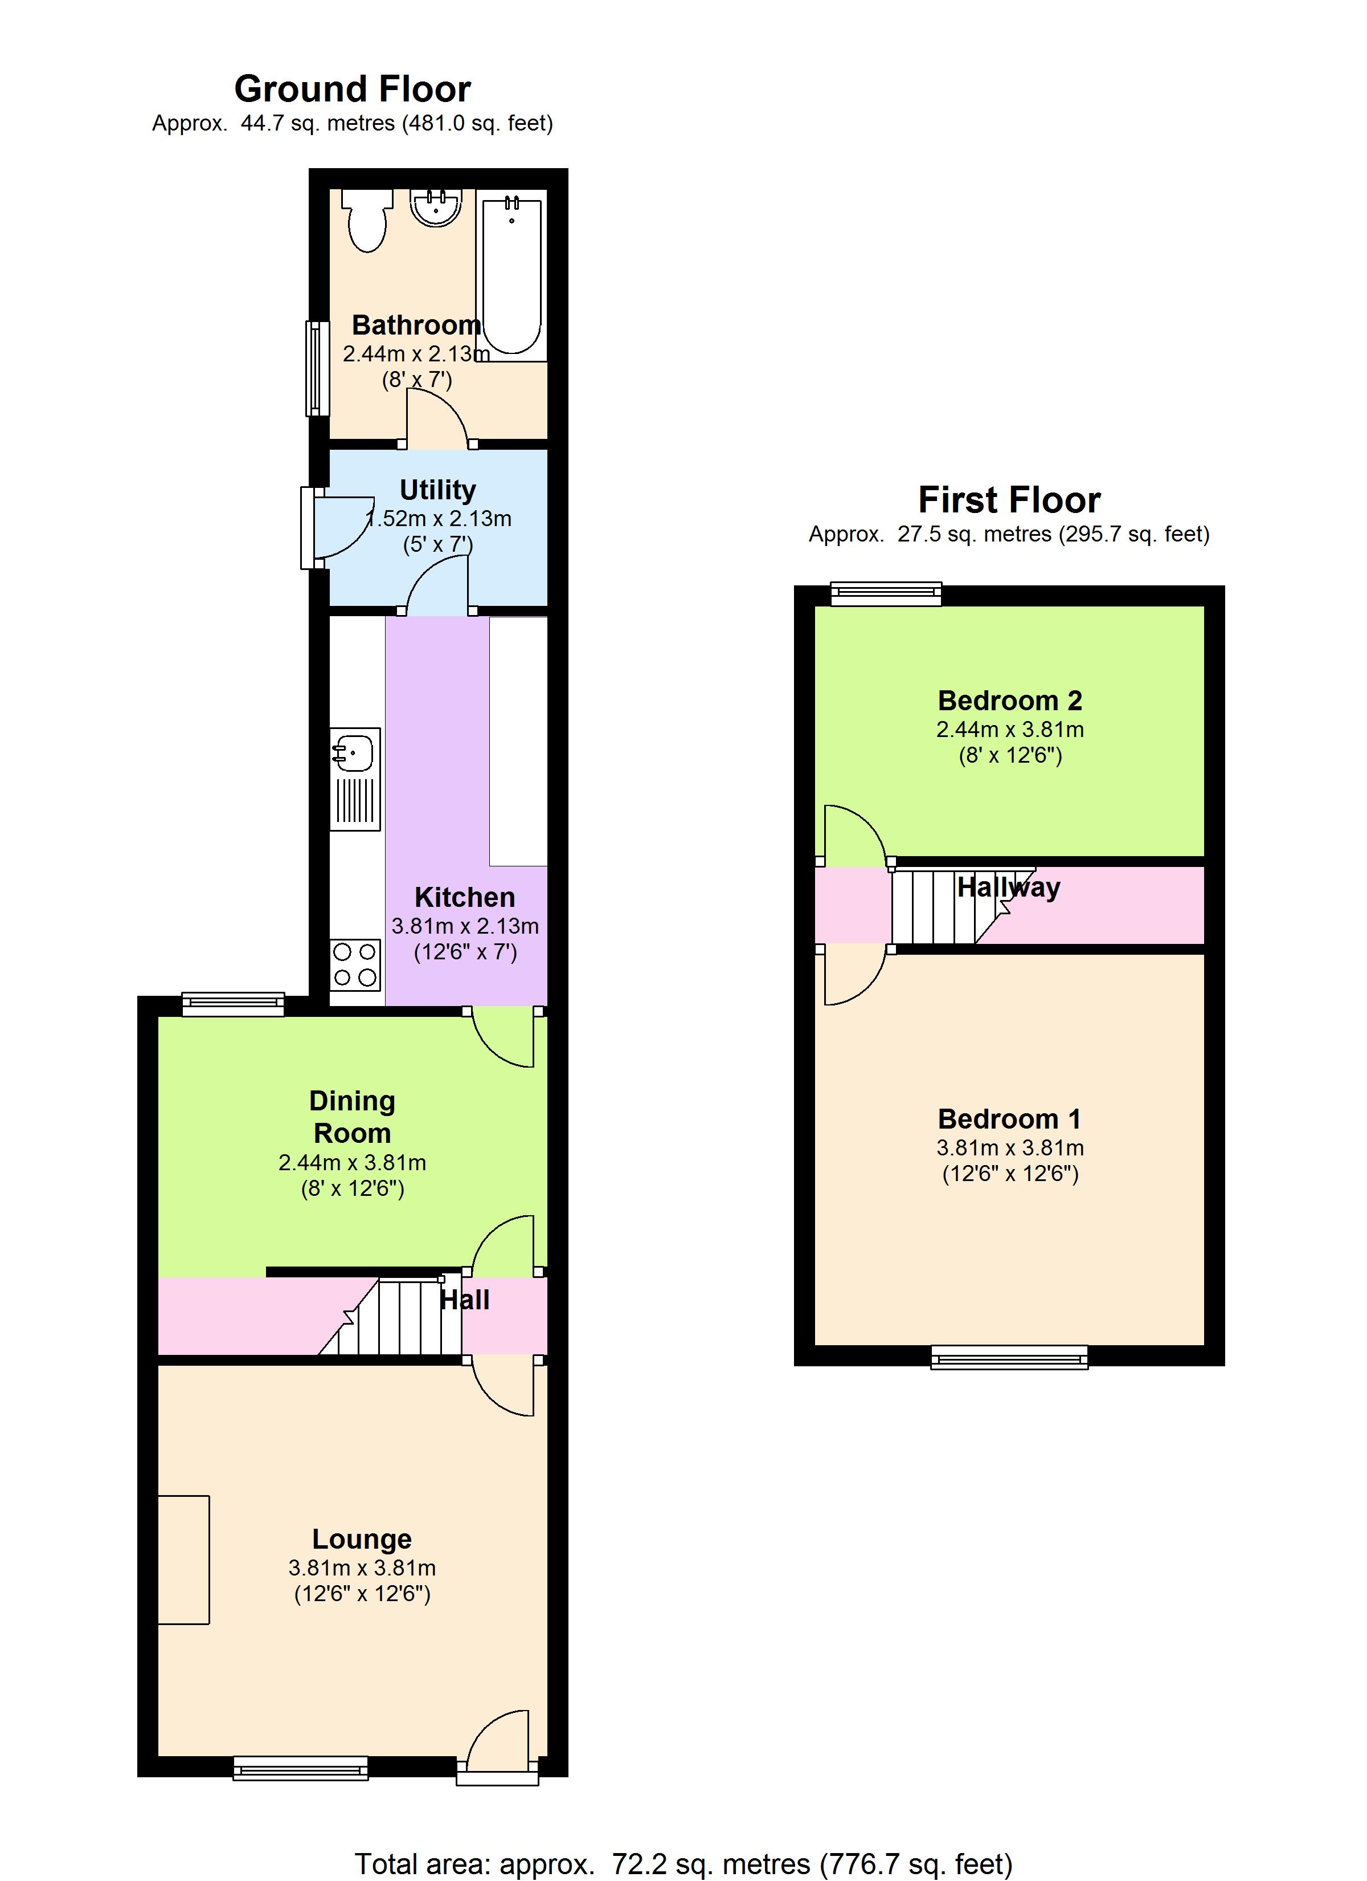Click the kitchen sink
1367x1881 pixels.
pos(355,779)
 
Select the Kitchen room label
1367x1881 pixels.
pos(464,897)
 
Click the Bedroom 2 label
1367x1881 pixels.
pos(1010,701)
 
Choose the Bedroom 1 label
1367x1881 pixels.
pos(1010,1119)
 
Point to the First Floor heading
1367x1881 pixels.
pos(1010,500)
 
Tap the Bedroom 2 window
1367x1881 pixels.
pos(886,594)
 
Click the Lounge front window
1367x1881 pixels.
pos(300,1769)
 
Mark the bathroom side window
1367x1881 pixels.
pos(315,368)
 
